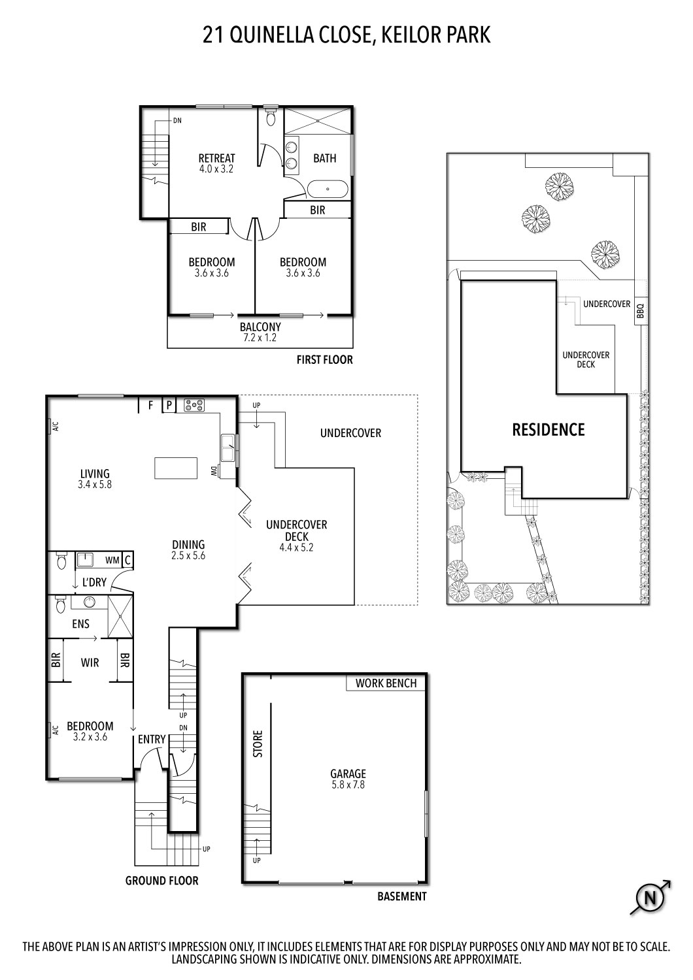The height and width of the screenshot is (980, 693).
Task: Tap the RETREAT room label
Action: click(x=216, y=158)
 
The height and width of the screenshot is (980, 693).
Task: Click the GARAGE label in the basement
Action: click(x=348, y=774)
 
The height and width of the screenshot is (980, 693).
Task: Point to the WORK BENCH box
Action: click(x=386, y=683)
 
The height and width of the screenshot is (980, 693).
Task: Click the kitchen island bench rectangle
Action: click(x=176, y=468)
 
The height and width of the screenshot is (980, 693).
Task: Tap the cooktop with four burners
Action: click(x=194, y=406)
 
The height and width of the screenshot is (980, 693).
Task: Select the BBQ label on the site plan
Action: click(x=640, y=310)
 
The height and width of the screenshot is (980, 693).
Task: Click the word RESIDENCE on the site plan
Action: click(x=548, y=430)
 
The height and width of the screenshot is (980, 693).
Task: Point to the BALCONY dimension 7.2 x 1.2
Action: click(x=260, y=338)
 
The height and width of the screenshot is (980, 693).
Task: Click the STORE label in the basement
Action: click(x=258, y=743)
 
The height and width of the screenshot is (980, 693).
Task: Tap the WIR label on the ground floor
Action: click(x=90, y=662)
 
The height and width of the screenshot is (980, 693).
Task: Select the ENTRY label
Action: click(x=152, y=739)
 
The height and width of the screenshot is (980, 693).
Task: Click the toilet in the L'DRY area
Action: click(x=61, y=561)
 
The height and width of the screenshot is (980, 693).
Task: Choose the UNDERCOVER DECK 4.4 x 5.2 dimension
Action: click(x=296, y=547)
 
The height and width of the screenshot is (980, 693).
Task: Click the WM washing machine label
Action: click(x=112, y=560)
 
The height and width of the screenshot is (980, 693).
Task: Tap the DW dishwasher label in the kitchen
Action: click(x=214, y=470)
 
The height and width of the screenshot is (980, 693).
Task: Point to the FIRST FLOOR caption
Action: click(x=324, y=360)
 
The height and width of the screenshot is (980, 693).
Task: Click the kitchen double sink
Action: click(x=228, y=449)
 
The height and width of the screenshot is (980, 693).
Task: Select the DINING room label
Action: click(x=188, y=544)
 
